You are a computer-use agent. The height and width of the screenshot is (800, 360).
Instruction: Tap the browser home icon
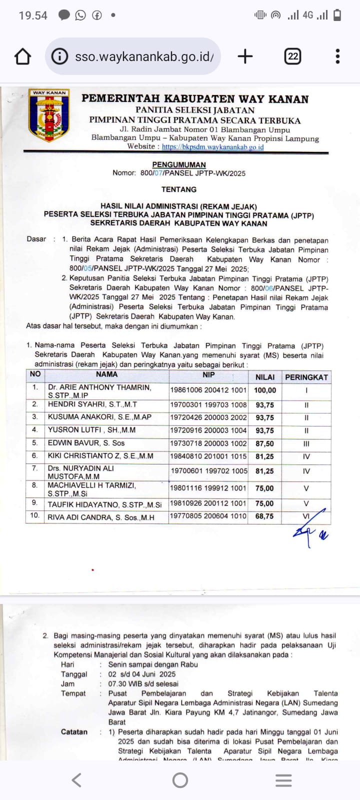pos(22,56)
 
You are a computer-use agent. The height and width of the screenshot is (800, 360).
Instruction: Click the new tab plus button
pos(245,56)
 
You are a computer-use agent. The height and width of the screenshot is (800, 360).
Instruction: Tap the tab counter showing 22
pos(293,56)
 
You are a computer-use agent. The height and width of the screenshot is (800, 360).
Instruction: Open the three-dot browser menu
pos(337,56)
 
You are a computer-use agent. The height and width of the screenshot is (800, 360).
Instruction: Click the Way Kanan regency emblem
pos(49,115)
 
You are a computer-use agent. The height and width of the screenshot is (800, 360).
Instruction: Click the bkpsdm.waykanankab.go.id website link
pos(212,147)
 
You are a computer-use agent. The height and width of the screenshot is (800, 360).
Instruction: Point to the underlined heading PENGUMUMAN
pos(179,164)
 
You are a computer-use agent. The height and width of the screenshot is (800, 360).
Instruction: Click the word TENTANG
pos(179,189)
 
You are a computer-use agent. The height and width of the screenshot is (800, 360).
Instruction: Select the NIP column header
pos(208,375)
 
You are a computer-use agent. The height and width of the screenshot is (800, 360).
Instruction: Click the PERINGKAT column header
pos(306,377)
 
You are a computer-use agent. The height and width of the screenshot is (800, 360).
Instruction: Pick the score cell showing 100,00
pos(264,390)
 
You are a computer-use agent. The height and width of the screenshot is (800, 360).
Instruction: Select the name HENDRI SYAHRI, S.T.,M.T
pos(92,404)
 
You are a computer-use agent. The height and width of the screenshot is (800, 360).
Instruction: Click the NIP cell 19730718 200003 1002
pos(208,443)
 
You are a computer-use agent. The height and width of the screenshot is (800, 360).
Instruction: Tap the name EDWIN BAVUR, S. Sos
pos(86,443)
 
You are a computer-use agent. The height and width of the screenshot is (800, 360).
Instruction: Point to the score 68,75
pos(264,516)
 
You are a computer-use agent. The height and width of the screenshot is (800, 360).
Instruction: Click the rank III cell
pos(306,443)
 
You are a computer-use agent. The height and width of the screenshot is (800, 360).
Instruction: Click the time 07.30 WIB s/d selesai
pos(143,683)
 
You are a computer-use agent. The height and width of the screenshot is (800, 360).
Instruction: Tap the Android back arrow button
pos(76,780)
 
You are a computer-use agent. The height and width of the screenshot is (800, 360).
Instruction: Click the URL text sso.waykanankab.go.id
pos(144,56)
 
